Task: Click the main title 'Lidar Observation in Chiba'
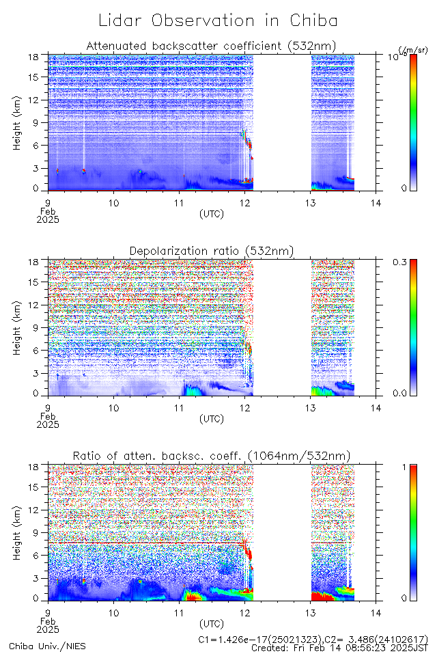tap(218, 20)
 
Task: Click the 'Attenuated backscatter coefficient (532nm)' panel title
tap(211, 46)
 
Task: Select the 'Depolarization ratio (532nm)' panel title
tap(212, 251)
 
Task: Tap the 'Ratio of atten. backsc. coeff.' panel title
tap(212, 456)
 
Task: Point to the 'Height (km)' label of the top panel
tap(18, 123)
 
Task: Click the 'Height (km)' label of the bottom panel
tap(18, 533)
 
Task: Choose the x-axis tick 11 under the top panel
tap(179, 202)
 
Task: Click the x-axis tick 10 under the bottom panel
tap(113, 612)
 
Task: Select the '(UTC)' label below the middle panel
tap(212, 418)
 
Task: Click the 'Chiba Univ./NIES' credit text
tap(48, 646)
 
